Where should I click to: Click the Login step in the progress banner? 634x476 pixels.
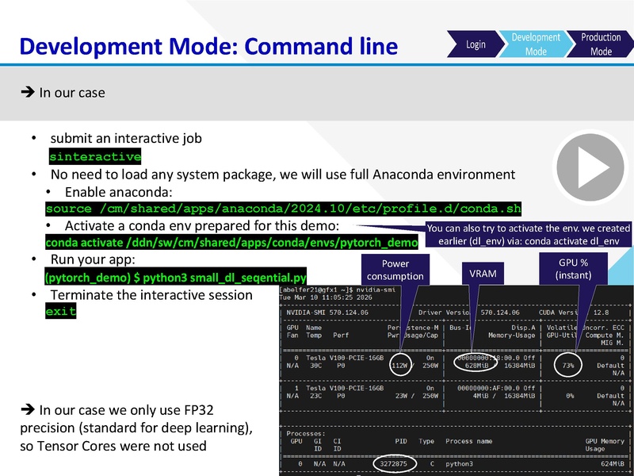[475, 44]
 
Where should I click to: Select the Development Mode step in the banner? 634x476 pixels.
[536, 44]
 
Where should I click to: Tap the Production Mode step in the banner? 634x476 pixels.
[601, 44]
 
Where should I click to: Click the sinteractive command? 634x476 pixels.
[95, 156]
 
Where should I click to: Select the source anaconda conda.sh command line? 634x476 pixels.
[284, 209]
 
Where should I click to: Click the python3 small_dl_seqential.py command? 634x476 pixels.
[175, 278]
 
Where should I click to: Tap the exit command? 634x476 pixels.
[61, 312]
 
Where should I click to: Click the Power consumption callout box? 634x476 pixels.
[395, 270]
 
